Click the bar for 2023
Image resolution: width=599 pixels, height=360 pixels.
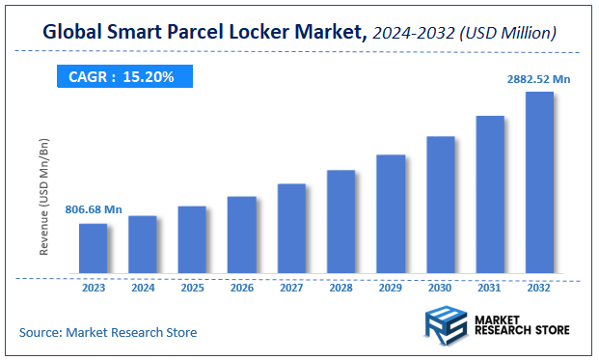click(x=93, y=248)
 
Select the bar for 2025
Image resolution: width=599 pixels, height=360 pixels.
click(x=192, y=239)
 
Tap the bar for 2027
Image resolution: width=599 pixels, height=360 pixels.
click(x=291, y=228)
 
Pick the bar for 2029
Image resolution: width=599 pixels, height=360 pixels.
click(x=391, y=213)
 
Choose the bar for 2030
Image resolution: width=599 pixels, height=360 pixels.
click(x=440, y=205)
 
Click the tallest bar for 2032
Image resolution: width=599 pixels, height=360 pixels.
click(x=539, y=182)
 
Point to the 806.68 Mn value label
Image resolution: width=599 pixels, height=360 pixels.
click(x=94, y=209)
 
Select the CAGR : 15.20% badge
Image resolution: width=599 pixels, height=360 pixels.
click(x=122, y=77)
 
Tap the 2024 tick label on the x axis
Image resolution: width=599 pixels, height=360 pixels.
click(x=143, y=287)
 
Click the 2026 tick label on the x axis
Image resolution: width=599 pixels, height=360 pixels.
click(x=242, y=287)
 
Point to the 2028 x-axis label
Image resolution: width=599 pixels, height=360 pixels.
click(x=341, y=287)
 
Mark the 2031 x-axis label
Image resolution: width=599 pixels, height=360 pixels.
click(x=490, y=287)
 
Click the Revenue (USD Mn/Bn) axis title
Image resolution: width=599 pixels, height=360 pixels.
click(x=44, y=198)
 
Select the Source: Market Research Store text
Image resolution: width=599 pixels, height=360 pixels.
click(x=108, y=332)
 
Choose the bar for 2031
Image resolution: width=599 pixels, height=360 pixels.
click(x=490, y=194)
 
